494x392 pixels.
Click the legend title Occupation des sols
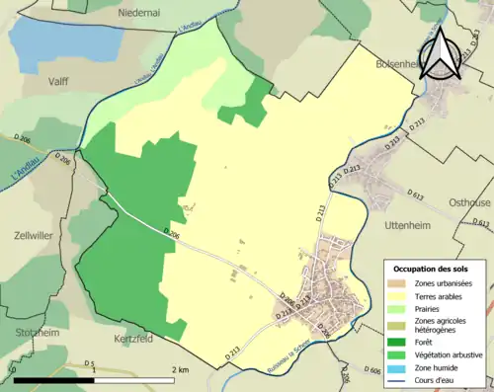[x=431, y=269]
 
